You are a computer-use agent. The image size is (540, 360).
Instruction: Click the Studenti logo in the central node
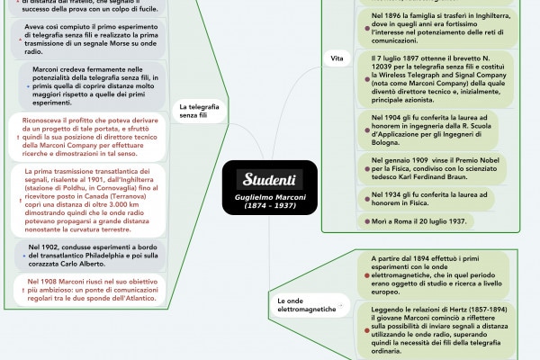tap(270, 179)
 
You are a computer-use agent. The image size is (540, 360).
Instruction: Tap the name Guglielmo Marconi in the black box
tap(270, 196)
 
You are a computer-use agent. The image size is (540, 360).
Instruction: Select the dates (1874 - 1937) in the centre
tap(270, 205)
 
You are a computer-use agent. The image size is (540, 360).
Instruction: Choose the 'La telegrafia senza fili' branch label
tap(199, 111)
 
